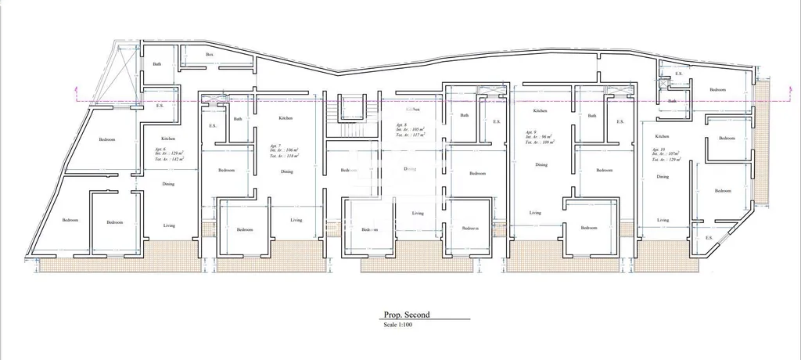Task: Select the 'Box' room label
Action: pyautogui.click(x=210, y=55)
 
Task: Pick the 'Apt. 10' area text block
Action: pyautogui.click(x=664, y=154)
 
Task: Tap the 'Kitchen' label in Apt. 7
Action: pyautogui.click(x=286, y=118)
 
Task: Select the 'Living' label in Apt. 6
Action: pyautogui.click(x=169, y=225)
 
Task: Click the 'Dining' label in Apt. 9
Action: pyautogui.click(x=541, y=165)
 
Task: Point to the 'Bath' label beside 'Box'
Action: pyautogui.click(x=157, y=64)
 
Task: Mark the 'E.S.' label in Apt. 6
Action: pyautogui.click(x=160, y=106)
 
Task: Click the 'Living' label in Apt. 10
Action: pyautogui.click(x=663, y=220)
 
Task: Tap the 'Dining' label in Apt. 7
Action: pyautogui.click(x=287, y=171)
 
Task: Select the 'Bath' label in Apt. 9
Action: pyautogui.click(x=592, y=116)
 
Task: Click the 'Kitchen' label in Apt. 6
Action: pyautogui.click(x=157, y=139)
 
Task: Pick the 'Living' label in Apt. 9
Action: pyautogui.click(x=535, y=213)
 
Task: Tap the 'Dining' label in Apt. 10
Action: pyautogui.click(x=663, y=177)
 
